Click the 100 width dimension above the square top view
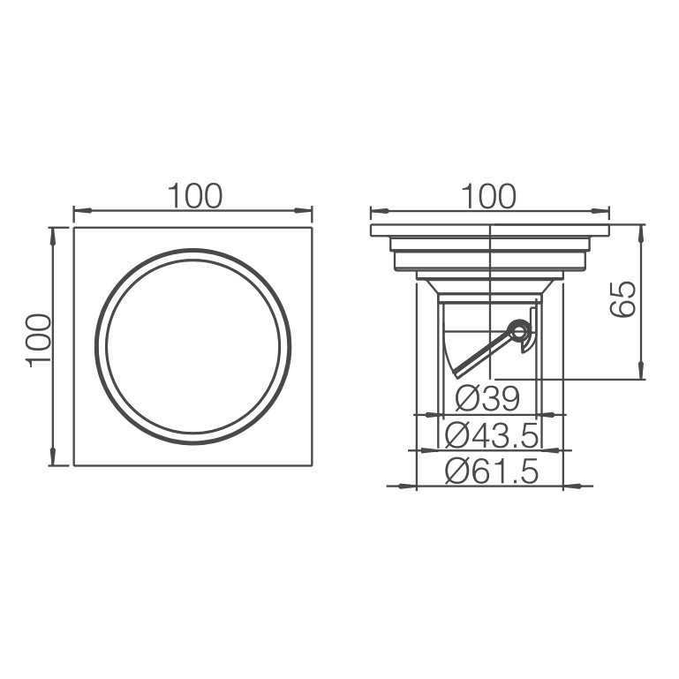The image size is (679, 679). point(196,196)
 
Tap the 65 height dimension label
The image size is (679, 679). point(622,298)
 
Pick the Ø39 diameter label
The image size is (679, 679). point(488,398)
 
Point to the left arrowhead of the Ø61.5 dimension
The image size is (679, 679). point(410,485)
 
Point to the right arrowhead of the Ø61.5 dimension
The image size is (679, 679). point(570,485)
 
